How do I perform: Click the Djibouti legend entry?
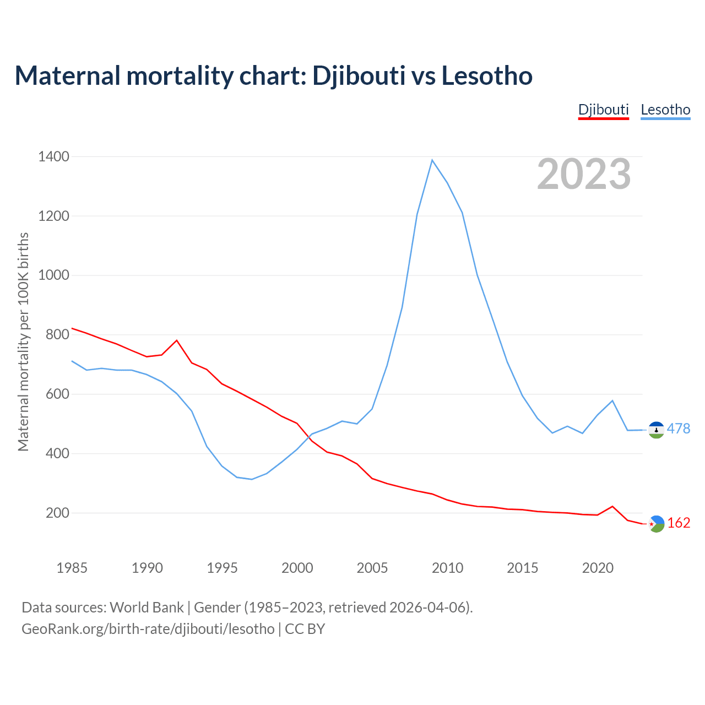click(x=603, y=110)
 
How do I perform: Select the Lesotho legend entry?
click(x=665, y=110)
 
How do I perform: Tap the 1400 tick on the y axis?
click(x=54, y=157)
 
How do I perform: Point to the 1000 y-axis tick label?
click(x=54, y=275)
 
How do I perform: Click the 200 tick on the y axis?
click(x=58, y=513)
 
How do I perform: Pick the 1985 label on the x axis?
click(x=72, y=568)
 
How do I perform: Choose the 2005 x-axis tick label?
click(x=372, y=568)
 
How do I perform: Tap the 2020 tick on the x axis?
click(x=598, y=568)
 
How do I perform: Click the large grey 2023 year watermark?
click(x=584, y=174)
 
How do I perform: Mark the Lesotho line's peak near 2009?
click(x=432, y=160)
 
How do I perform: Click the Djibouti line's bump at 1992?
click(x=177, y=340)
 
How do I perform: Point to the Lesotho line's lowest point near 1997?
click(x=252, y=479)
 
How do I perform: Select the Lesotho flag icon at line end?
click(x=656, y=430)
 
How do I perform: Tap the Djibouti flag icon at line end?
click(x=656, y=524)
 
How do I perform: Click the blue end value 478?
click(x=679, y=429)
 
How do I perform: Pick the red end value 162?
click(x=679, y=523)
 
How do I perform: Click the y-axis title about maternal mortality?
click(x=23, y=341)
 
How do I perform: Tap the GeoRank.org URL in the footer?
click(x=148, y=629)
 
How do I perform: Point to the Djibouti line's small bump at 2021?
click(x=612, y=506)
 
